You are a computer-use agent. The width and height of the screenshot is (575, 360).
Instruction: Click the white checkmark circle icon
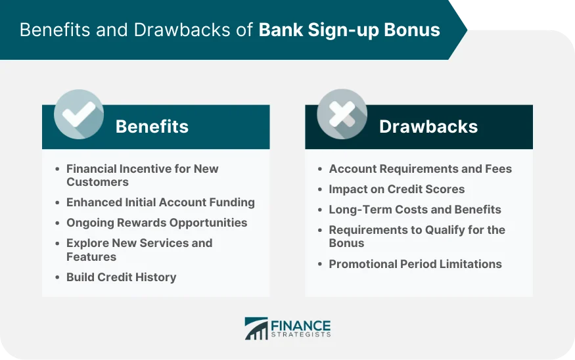click(x=79, y=114)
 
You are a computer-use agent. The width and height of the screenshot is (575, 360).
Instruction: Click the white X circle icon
click(x=342, y=114)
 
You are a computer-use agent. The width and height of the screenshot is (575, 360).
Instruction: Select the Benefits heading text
click(x=152, y=127)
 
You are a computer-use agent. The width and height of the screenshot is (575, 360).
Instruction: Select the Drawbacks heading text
click(x=428, y=127)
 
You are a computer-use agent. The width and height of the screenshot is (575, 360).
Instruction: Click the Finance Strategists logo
click(x=287, y=328)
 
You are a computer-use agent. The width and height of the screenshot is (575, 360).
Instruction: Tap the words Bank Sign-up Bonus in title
click(x=349, y=30)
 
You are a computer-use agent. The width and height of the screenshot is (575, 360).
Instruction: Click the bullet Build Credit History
click(x=121, y=277)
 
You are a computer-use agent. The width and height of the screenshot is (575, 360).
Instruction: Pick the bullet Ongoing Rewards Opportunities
click(x=156, y=223)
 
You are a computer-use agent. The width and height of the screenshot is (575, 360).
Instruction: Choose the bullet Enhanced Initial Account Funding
click(x=160, y=202)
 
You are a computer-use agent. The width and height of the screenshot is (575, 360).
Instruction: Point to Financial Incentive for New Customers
click(x=142, y=175)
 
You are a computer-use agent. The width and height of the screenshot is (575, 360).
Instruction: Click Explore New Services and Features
click(x=139, y=250)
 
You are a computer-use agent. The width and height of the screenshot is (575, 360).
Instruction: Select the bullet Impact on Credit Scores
click(x=396, y=189)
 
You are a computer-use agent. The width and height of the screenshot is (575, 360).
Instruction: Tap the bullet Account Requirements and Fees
click(x=420, y=169)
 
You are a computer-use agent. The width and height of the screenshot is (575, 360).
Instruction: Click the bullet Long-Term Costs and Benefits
click(x=415, y=210)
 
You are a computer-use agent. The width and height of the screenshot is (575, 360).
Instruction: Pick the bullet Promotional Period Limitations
click(x=415, y=264)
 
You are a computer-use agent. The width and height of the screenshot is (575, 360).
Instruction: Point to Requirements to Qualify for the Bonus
click(x=417, y=236)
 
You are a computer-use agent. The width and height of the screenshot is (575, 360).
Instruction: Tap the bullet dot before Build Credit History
click(x=57, y=277)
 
